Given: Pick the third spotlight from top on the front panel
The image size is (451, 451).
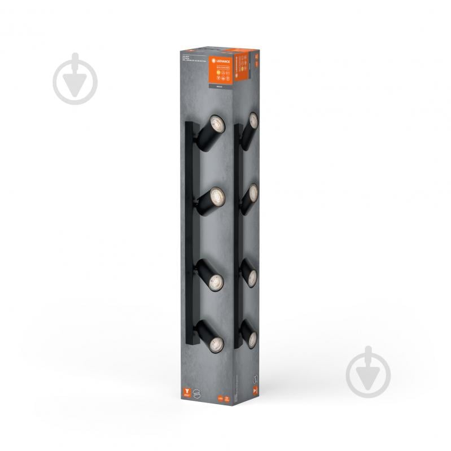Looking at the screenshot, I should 214,282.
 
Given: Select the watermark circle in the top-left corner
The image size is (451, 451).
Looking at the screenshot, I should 75,79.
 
